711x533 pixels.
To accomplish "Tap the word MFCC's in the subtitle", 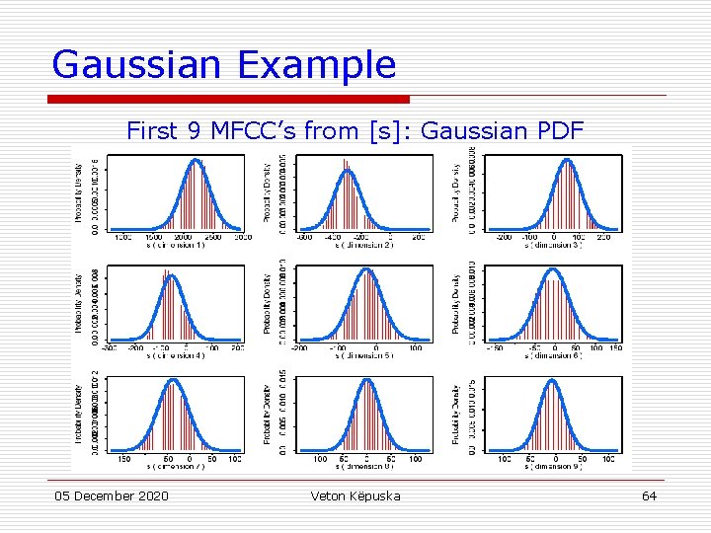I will (x=269, y=130).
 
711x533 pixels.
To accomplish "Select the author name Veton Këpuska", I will (x=355, y=495).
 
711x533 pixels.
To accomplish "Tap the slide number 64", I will (x=649, y=495).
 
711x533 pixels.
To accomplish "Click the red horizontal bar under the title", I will (x=229, y=99).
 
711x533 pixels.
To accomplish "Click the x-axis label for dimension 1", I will (x=176, y=246).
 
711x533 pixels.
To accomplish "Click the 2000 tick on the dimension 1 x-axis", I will (x=184, y=238).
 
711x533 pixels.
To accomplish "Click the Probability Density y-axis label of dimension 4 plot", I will (x=79, y=301).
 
